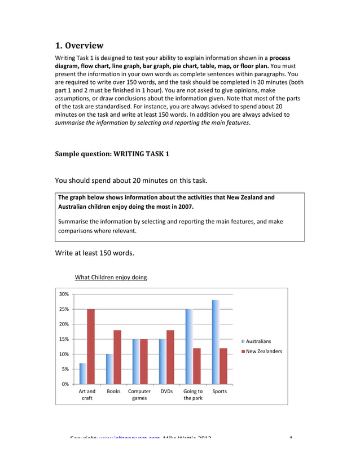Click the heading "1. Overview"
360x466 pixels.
coord(79,46)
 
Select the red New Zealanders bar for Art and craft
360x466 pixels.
coord(91,346)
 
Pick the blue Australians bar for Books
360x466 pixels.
coord(109,369)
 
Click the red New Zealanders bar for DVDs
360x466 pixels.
coord(170,357)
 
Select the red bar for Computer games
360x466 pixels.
coord(144,362)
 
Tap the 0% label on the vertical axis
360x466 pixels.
coord(65,384)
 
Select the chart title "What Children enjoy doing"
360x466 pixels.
coord(111,278)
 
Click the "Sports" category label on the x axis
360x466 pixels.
coord(219,391)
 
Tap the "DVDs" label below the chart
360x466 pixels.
coord(166,391)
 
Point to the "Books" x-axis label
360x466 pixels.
coord(113,391)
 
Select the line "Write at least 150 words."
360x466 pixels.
coord(94,253)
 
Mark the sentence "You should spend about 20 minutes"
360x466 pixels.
coord(131,181)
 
